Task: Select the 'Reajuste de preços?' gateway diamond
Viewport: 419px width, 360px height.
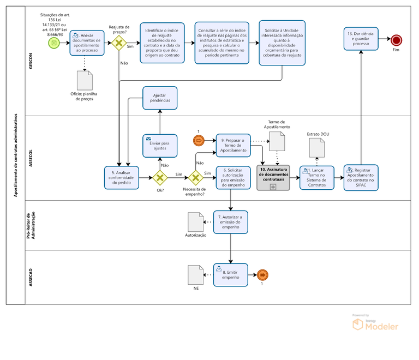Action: (119, 43)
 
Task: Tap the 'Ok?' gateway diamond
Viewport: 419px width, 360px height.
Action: (159, 178)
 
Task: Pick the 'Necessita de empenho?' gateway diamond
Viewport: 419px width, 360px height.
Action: (195, 178)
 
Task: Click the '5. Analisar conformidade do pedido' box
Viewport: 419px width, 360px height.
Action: (122, 178)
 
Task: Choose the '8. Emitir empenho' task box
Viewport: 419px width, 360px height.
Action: (230, 274)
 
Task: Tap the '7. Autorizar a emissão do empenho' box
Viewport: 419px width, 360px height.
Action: (230, 221)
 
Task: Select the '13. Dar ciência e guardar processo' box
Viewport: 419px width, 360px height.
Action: (362, 39)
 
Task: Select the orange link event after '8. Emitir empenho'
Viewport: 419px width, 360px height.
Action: (262, 274)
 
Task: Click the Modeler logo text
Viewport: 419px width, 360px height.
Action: (381, 326)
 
